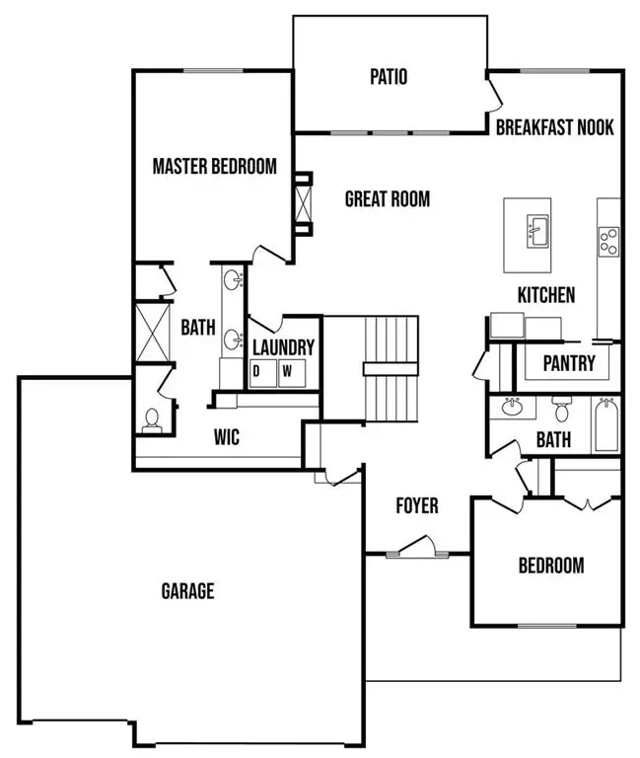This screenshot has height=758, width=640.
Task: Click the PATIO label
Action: coord(390,76)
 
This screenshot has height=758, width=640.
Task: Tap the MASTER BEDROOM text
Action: coord(214,166)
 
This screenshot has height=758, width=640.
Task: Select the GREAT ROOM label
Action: coord(388,199)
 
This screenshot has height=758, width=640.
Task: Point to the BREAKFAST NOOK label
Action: coord(554,127)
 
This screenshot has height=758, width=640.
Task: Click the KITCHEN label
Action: coord(546,295)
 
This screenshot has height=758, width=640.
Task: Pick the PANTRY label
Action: coord(569,363)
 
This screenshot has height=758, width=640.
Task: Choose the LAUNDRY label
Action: coord(283,347)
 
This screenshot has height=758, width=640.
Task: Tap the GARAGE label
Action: coord(187,592)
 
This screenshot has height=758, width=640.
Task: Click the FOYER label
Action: coord(417,506)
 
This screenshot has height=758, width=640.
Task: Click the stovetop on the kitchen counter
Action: coord(609,240)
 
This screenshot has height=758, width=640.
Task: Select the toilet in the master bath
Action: coord(152,420)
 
